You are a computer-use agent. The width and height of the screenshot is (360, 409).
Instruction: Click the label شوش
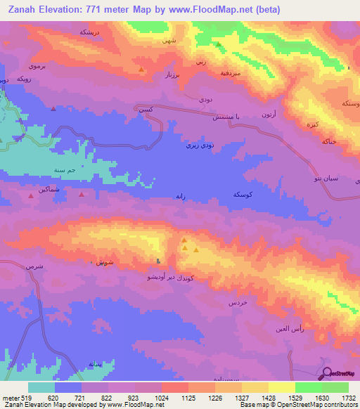[x=99, y=262]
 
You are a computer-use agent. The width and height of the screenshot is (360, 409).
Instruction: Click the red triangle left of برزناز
[x=142, y=70]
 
